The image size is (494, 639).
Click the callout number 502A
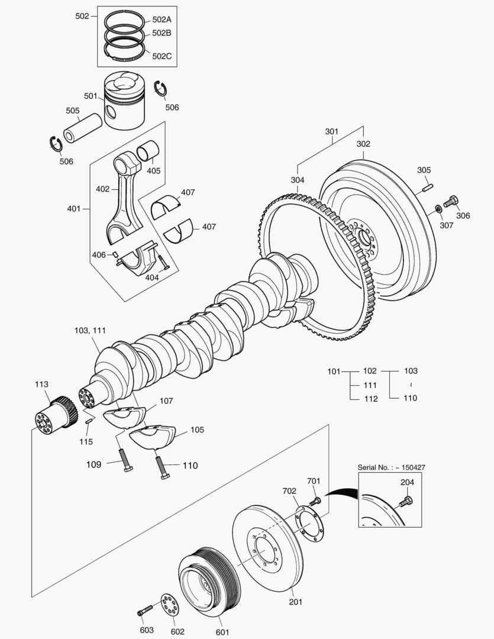(x=162, y=20)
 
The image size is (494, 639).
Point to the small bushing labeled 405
(x=147, y=153)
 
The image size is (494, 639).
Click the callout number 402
(x=102, y=189)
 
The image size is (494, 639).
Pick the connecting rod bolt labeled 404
(x=162, y=263)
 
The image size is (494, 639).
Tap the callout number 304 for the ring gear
(x=298, y=180)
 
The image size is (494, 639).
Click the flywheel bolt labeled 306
(x=451, y=201)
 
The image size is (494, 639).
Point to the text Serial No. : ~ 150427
(x=391, y=467)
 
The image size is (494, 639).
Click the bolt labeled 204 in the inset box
(x=405, y=501)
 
